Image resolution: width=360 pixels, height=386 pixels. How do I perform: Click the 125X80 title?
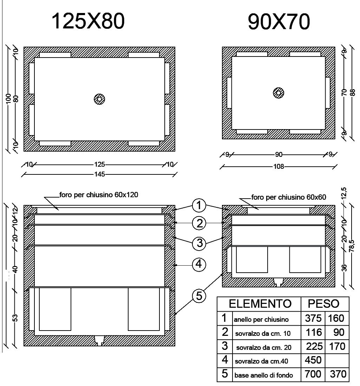(88, 21)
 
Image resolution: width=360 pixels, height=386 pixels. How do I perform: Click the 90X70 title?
(279, 22)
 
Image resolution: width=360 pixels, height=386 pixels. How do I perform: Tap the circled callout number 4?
(199, 264)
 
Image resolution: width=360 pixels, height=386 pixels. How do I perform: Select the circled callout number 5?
(199, 296)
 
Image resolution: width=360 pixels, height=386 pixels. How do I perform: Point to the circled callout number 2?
(199, 223)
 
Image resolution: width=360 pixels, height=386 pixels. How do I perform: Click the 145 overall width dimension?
(99, 174)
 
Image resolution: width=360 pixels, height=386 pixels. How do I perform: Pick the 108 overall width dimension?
(279, 167)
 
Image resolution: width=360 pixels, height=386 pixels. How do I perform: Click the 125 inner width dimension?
(99, 164)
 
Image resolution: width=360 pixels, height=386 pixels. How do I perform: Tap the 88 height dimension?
(353, 92)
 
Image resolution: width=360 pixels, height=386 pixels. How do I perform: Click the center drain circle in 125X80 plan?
(99, 99)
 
